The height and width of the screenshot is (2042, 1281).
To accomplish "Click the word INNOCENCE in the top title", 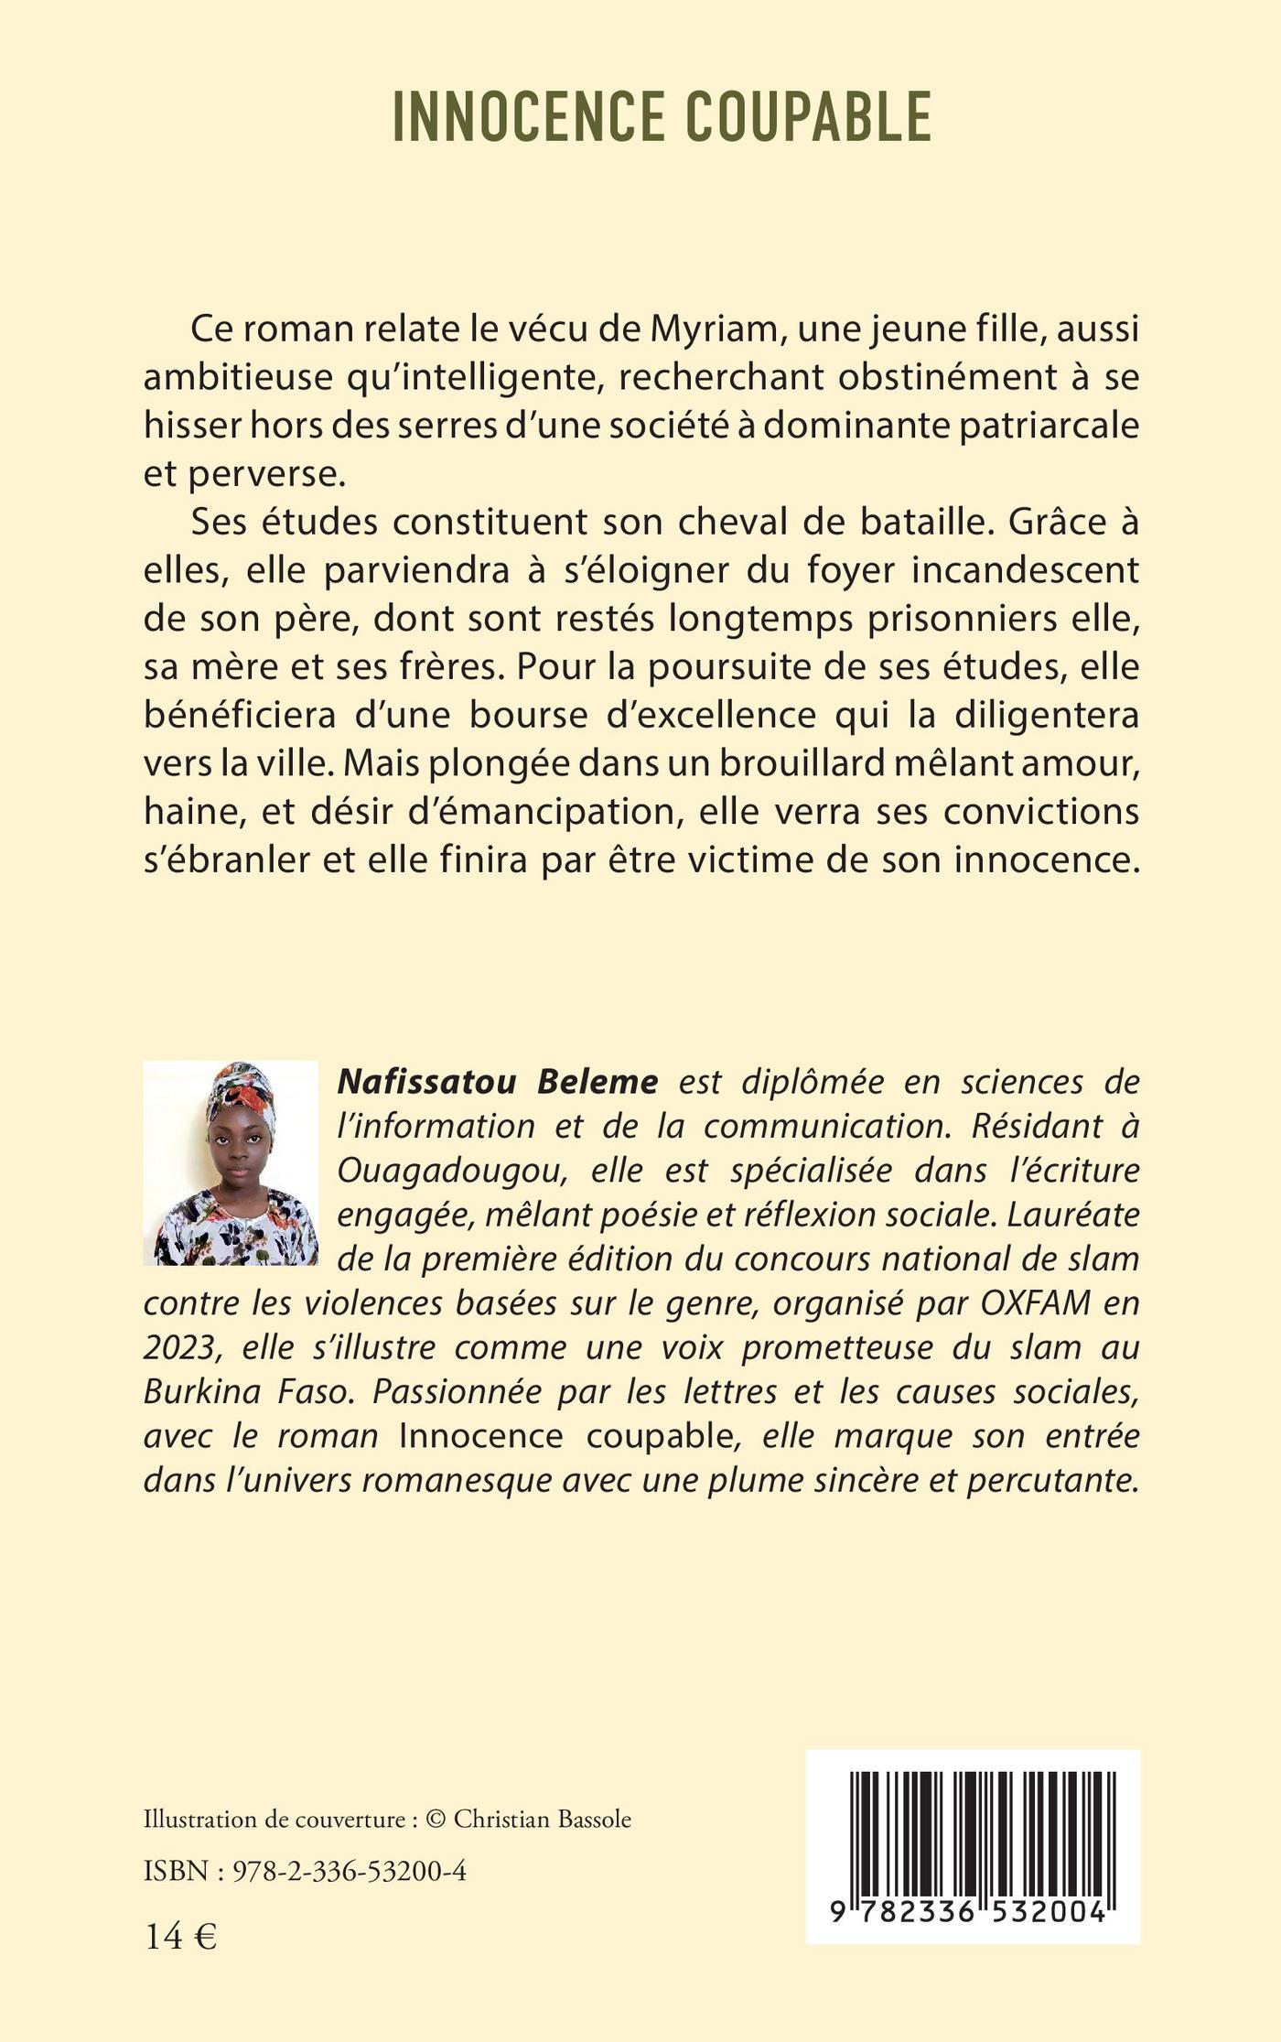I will point(528,117).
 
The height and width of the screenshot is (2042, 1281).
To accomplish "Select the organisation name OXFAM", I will point(1036,1303).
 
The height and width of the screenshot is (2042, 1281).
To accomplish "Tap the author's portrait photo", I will point(231,1163).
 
